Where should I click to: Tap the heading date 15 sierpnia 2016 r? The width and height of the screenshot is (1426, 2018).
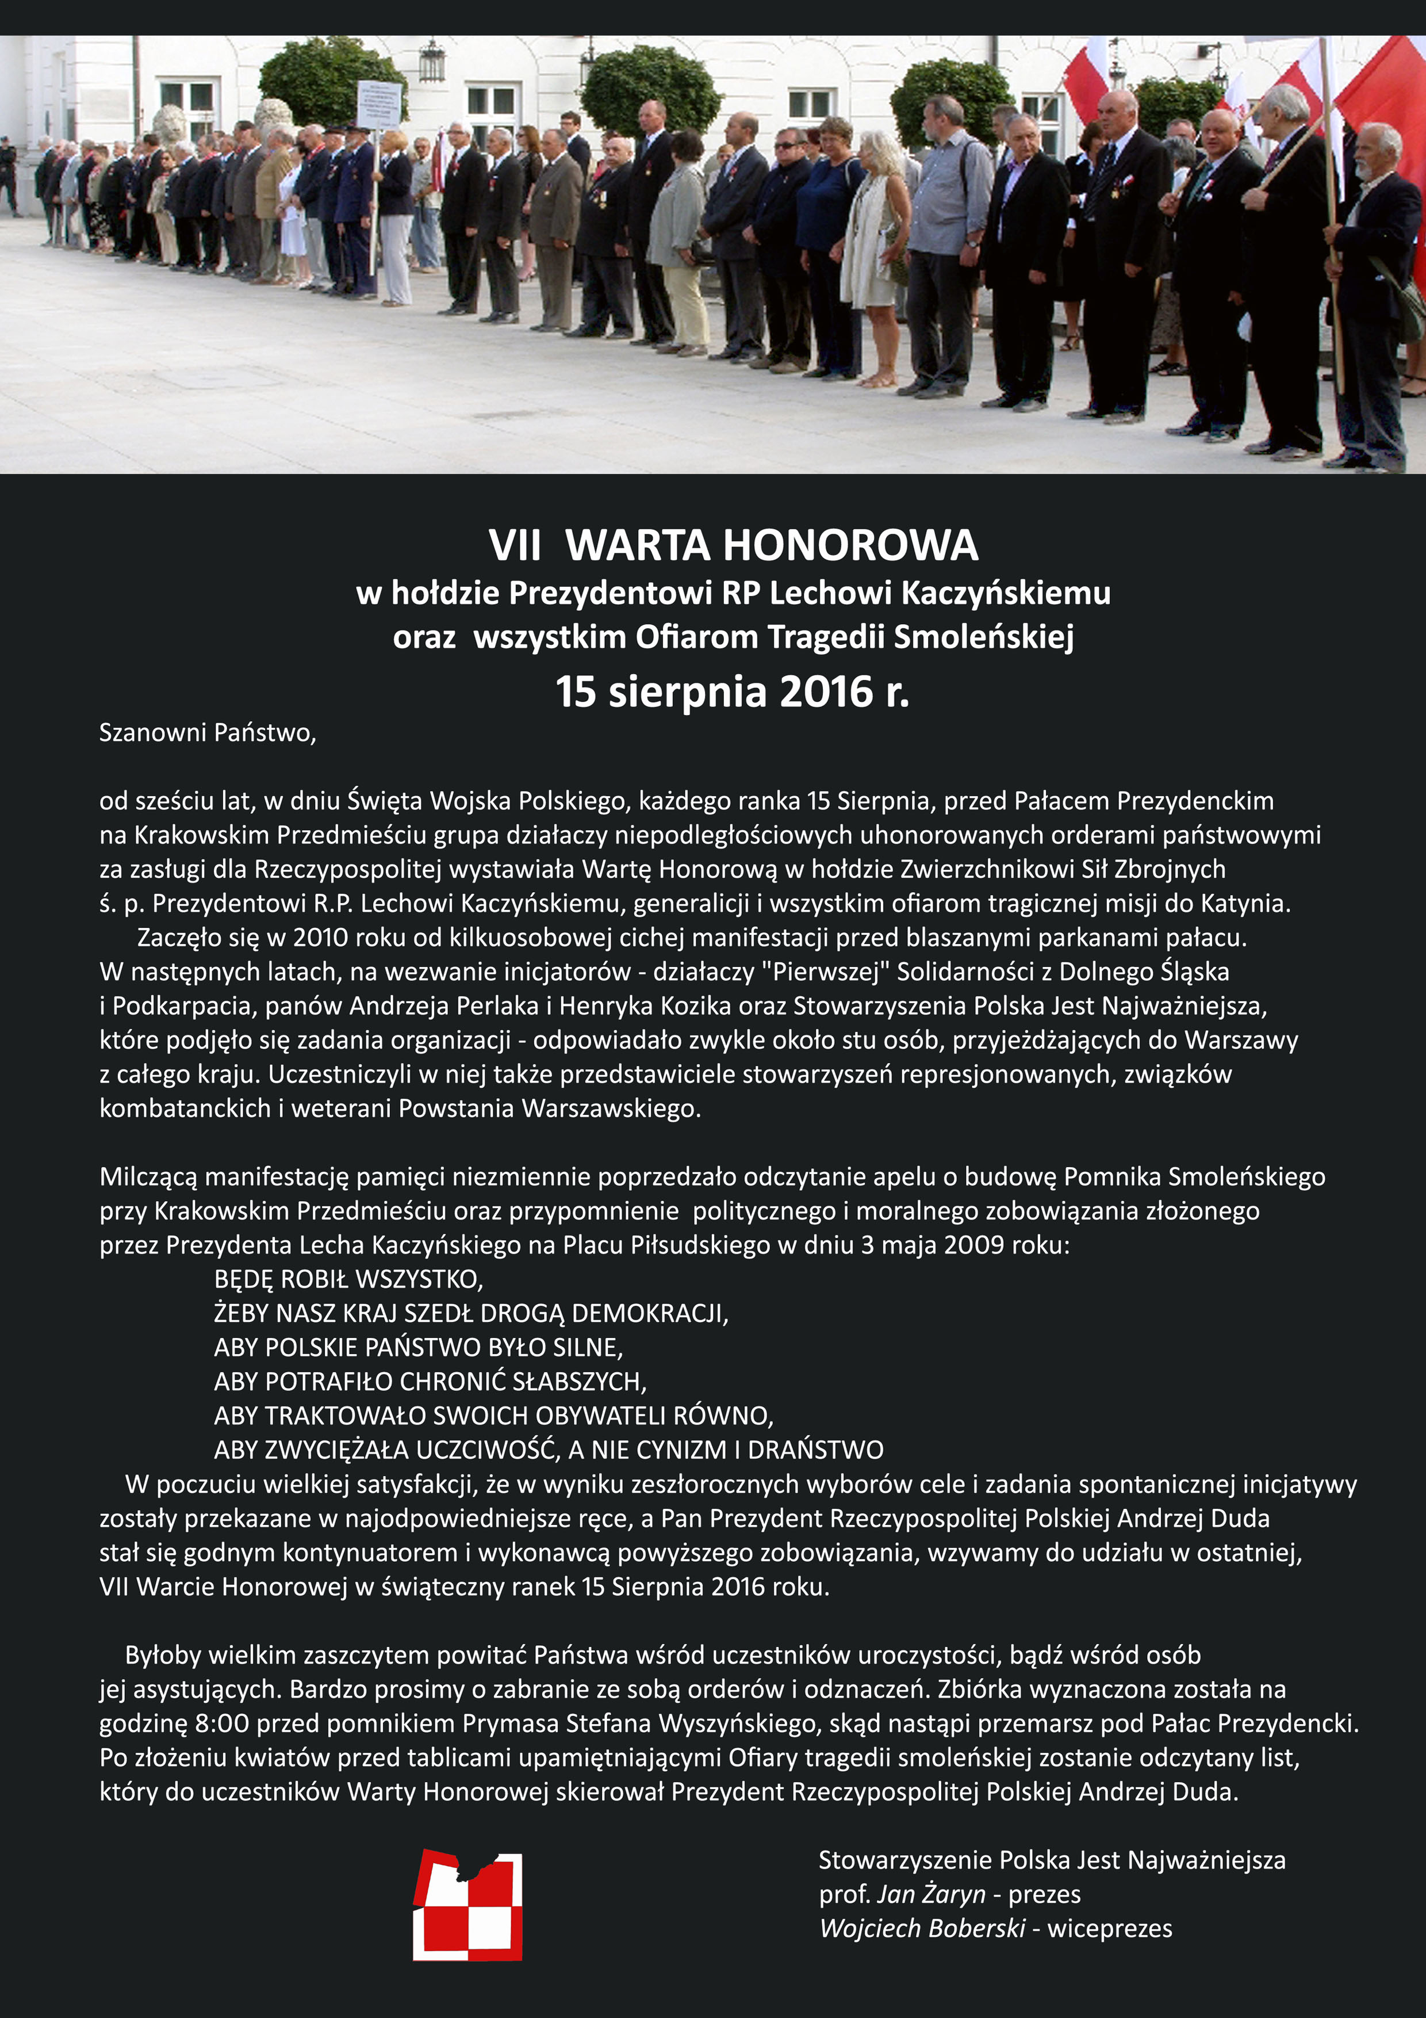(732, 691)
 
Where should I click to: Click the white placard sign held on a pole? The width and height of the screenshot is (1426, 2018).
(379, 105)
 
